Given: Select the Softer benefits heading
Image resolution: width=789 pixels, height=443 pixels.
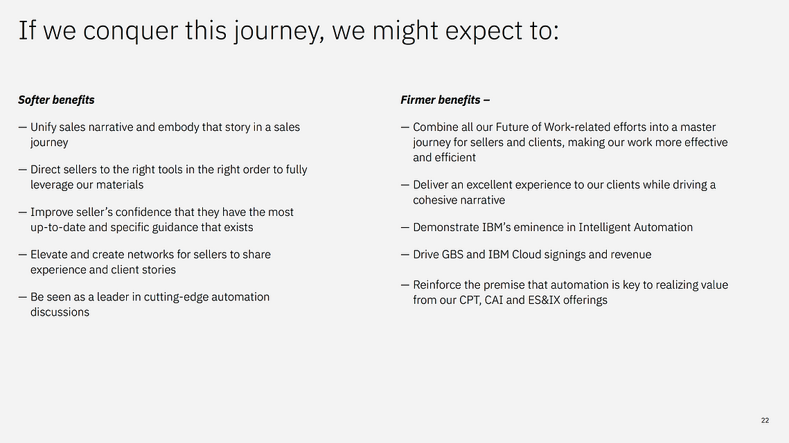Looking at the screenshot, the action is [56, 100].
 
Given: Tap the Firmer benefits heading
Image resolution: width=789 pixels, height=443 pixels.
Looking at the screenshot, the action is [445, 100].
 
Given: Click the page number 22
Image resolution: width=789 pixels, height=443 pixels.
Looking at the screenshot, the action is [765, 420].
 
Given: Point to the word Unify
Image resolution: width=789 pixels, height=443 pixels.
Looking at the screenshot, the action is [43, 128].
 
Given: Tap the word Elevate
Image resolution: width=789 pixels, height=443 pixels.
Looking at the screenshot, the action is [48, 255].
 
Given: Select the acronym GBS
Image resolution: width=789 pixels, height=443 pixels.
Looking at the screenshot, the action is [452, 255].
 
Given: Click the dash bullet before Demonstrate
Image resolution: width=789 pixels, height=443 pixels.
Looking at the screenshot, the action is [405, 228].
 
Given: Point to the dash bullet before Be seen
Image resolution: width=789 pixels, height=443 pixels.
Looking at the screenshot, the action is [22, 297].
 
